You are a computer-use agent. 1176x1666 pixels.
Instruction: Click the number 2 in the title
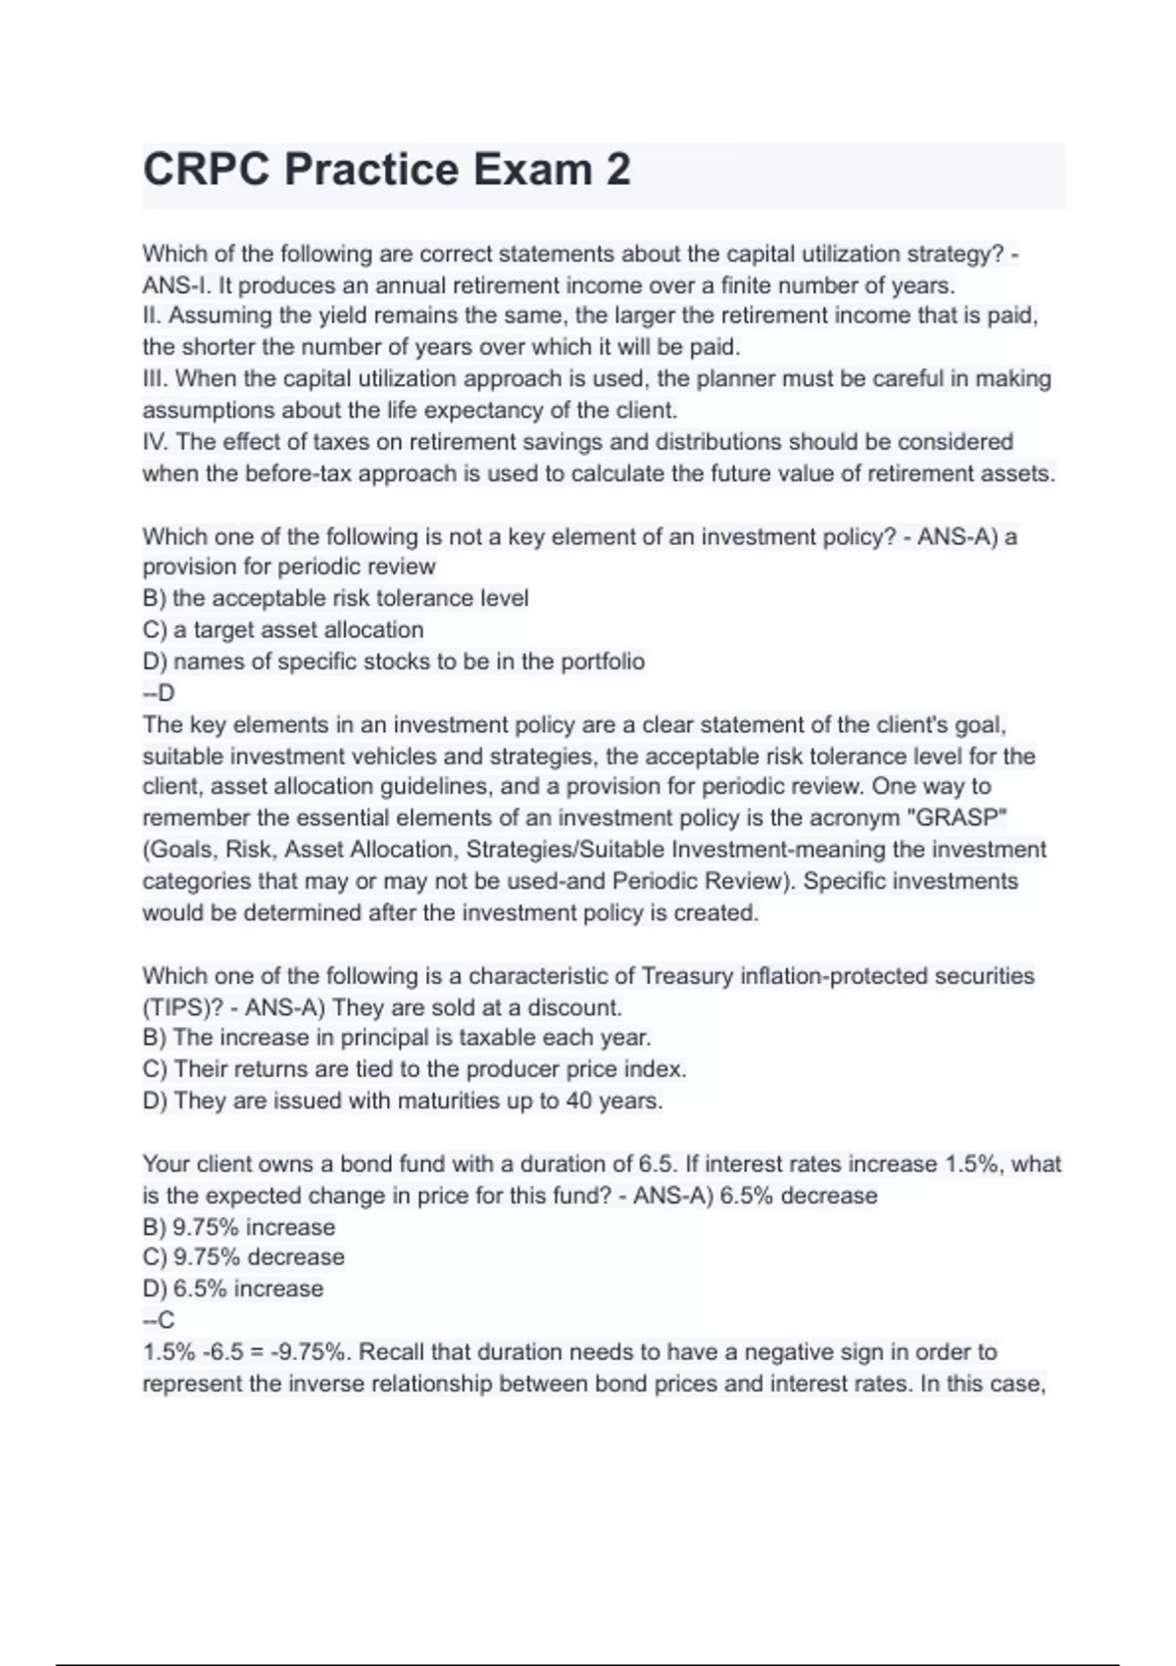617,170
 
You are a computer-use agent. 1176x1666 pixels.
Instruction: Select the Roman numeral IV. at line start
156,442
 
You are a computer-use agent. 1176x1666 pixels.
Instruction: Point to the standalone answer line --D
158,693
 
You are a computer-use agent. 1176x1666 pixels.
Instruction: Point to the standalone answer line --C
158,1320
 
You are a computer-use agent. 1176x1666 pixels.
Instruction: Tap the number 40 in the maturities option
578,1101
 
